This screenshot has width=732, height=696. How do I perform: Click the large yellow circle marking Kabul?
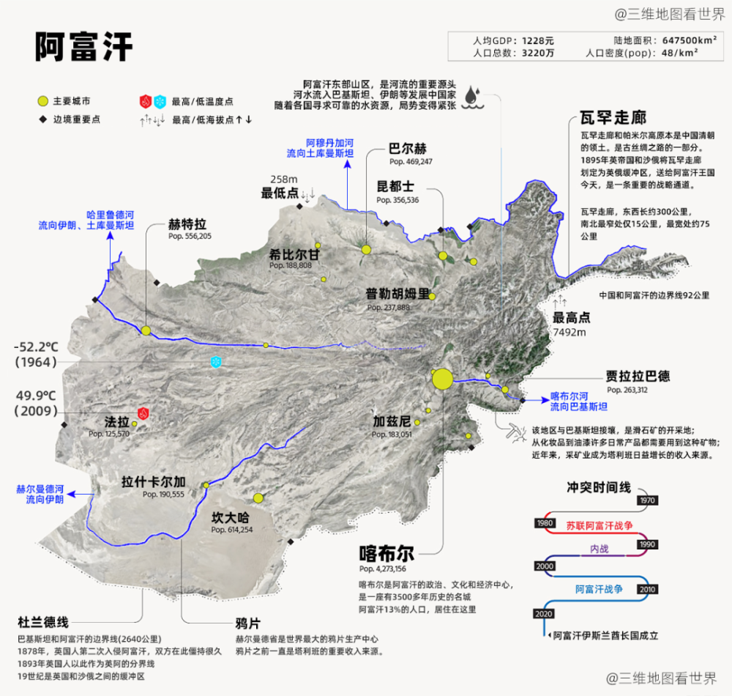coord(442,379)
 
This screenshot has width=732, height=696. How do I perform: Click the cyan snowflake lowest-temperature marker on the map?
coord(216,363)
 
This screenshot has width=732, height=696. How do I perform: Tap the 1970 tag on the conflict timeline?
coord(647,500)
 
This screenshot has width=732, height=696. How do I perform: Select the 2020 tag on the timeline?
coord(545,612)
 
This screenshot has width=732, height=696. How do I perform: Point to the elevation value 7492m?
coord(570,332)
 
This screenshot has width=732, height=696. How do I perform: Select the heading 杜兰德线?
coord(43,622)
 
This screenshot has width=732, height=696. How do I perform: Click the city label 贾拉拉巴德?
coord(638,377)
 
